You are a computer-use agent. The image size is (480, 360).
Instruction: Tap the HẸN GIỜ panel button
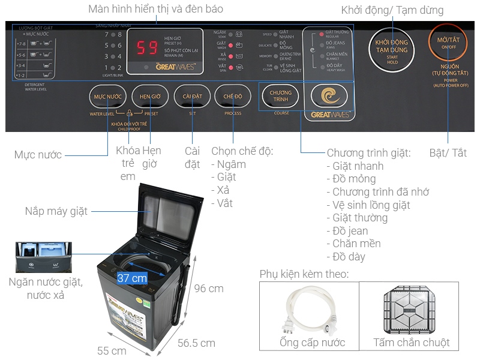click(149, 96)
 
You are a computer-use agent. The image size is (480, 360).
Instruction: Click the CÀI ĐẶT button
click(191, 96)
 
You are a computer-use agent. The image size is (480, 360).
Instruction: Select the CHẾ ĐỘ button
click(233, 96)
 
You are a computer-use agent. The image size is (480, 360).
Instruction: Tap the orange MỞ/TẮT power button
click(444, 44)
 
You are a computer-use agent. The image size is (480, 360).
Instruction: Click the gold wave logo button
click(328, 96)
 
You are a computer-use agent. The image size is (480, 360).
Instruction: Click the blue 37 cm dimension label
click(132, 278)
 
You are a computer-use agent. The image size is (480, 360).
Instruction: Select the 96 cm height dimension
click(208, 289)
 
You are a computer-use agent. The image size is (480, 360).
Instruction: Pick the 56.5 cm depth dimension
click(196, 343)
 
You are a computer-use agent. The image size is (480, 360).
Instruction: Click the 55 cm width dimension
click(112, 350)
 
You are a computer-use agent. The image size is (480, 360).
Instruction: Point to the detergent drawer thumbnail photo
click(43, 257)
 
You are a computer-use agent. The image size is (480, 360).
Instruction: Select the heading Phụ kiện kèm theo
click(304, 274)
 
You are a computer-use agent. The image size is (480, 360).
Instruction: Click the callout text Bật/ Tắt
click(448, 153)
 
